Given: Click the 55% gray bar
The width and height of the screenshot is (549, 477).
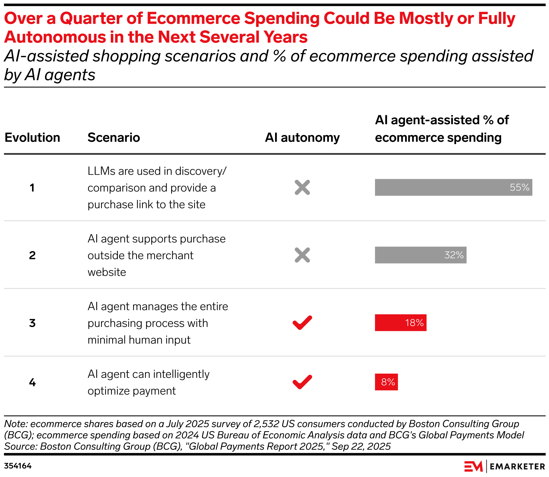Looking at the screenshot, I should coord(453,187).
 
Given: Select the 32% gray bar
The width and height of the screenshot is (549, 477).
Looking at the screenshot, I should coord(420,255).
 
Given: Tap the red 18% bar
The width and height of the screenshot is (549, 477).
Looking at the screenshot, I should coord(400,323).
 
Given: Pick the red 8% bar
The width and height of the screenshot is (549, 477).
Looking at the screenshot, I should coord(386,382).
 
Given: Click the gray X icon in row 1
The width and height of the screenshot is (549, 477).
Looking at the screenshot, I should coord(302,187).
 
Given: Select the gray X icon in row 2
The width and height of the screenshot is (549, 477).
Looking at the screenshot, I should coord(302,255).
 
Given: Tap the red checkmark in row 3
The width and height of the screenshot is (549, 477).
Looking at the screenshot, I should coord(302,323).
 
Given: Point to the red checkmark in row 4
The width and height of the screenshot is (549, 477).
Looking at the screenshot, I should coord(302,382).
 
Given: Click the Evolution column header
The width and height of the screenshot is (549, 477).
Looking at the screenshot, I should coord(32,138).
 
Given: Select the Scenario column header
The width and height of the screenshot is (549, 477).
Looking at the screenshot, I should coord(114,138).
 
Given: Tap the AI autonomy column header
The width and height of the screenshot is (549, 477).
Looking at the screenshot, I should coord(302,138).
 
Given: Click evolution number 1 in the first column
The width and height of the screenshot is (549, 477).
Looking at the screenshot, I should coord(32,188).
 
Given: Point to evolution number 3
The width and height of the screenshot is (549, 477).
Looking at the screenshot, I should coord(32,323).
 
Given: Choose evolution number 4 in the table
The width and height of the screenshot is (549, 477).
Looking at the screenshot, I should coord(32,382).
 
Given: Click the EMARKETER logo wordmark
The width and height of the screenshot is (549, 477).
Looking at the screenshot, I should coord(517,466).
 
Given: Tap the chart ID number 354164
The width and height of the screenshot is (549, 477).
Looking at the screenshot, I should coord(18,466).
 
